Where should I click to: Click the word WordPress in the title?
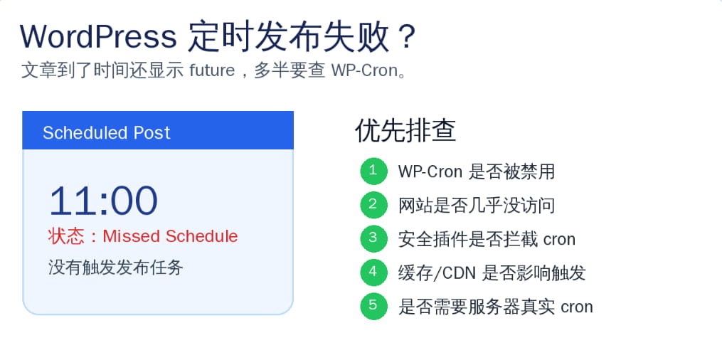tap(98, 36)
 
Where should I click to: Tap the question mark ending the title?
tap(406, 36)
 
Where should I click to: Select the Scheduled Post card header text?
tap(107, 133)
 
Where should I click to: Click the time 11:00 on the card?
tap(103, 201)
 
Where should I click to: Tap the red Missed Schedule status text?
tap(170, 236)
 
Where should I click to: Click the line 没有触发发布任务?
tap(116, 268)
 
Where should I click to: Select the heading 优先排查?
tap(405, 130)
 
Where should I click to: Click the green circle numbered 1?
tap(373, 171)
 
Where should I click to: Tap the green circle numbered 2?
tap(373, 206)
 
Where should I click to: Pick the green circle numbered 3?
tap(373, 239)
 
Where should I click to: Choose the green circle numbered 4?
tap(373, 272)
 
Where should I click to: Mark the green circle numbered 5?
tap(373, 307)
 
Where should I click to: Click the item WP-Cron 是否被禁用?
tap(477, 171)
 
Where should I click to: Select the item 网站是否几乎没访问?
tap(477, 206)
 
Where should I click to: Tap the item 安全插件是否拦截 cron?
tap(487, 239)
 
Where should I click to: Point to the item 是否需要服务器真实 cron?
tap(495, 307)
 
